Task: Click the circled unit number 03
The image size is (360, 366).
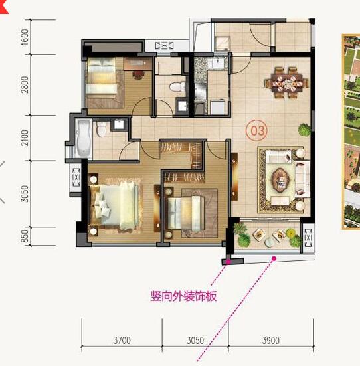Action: pyautogui.click(x=258, y=130)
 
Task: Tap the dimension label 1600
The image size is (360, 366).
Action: pyautogui.click(x=25, y=37)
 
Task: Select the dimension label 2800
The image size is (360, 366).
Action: pyautogui.click(x=25, y=85)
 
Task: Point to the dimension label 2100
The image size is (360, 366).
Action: pyautogui.click(x=25, y=138)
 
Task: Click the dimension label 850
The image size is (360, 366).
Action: pyautogui.click(x=25, y=236)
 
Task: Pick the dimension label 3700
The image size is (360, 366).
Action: pyautogui.click(x=122, y=341)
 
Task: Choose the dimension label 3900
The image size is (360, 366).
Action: pyautogui.click(x=271, y=341)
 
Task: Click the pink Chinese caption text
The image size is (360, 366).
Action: pyautogui.click(x=183, y=296)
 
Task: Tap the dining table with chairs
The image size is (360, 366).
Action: pyautogui.click(x=287, y=83)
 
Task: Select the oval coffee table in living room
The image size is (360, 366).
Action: pyautogui.click(x=280, y=179)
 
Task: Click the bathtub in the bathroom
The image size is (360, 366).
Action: pyautogui.click(x=83, y=139)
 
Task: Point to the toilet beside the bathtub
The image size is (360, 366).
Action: pyautogui.click(x=102, y=129)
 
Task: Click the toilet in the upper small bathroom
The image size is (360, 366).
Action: pyautogui.click(x=177, y=87)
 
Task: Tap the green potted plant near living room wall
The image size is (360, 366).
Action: pyautogui.click(x=304, y=130)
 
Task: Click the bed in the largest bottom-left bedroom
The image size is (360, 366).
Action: pyautogui.click(x=114, y=205)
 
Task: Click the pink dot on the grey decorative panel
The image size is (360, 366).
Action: pyautogui.click(x=228, y=262)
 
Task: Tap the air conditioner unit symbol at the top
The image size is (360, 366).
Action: pyautogui.click(x=165, y=45)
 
